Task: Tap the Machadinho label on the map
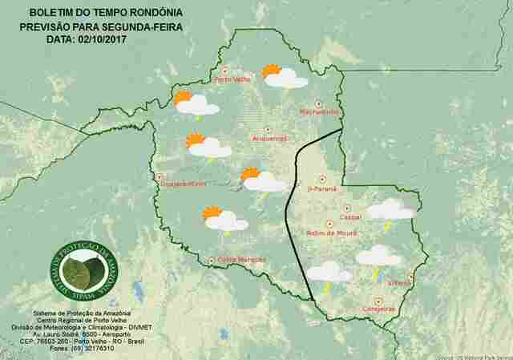(x=319, y=111)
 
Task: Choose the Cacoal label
(x=351, y=216)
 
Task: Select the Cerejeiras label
(x=379, y=308)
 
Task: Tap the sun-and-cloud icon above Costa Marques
(x=224, y=219)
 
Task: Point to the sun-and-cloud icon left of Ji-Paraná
(x=261, y=180)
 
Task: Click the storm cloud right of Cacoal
(x=390, y=210)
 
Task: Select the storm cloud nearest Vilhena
(x=378, y=257)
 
